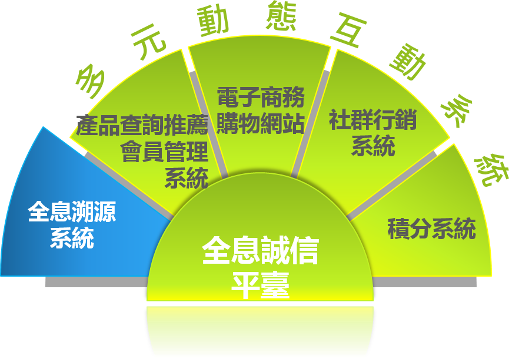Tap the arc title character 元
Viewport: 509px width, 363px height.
click(x=148, y=42)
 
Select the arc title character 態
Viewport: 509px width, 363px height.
click(x=281, y=16)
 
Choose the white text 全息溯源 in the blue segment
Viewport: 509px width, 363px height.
click(x=72, y=211)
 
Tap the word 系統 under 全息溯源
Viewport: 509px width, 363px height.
click(x=72, y=238)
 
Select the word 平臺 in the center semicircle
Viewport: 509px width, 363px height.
click(x=260, y=285)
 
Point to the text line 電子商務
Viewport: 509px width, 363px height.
click(x=261, y=97)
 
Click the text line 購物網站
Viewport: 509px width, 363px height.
click(x=260, y=123)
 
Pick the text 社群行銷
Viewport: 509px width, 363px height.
click(x=372, y=120)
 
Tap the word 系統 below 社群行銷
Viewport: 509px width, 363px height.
click(x=373, y=146)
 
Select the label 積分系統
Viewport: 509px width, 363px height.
click(x=432, y=228)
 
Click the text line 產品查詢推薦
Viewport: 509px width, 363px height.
click(x=142, y=125)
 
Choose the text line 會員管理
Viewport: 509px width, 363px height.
click(x=164, y=152)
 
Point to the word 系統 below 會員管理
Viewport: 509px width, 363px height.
click(x=187, y=177)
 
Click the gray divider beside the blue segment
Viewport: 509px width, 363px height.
click(x=129, y=186)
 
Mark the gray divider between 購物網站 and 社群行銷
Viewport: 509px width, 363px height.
click(x=310, y=124)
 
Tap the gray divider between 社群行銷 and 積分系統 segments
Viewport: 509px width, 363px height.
click(x=392, y=186)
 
